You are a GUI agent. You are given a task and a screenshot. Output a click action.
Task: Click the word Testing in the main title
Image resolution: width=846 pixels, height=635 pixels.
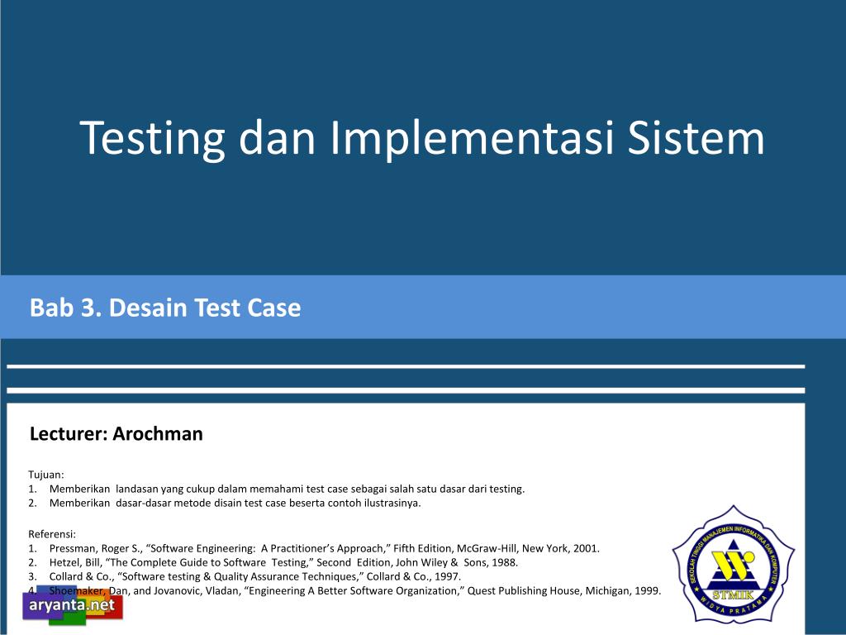(x=152, y=139)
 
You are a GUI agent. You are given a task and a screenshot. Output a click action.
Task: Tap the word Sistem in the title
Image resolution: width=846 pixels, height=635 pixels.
(x=696, y=138)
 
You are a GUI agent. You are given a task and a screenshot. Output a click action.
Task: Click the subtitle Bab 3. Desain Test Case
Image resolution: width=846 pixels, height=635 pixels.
(x=165, y=308)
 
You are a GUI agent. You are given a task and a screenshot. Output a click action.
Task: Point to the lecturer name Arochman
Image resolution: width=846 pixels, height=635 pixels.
(x=158, y=433)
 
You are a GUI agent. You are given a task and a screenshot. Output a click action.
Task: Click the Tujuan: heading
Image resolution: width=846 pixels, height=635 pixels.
(x=46, y=475)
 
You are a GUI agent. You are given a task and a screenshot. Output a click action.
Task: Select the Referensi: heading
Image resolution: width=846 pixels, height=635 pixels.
(x=52, y=535)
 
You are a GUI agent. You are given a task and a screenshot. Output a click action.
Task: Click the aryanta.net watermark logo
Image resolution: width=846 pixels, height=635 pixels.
(x=73, y=605)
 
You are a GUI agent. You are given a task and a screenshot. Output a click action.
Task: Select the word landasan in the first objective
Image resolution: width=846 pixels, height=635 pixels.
(x=136, y=489)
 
